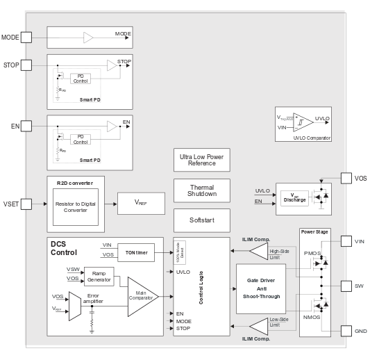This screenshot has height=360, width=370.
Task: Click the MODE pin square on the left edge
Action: [26, 37]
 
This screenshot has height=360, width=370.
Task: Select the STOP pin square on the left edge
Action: [26, 65]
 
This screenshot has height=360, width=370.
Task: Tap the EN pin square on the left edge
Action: [26, 126]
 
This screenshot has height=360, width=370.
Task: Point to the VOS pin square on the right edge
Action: [347, 179]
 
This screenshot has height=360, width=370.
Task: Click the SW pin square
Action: [347, 285]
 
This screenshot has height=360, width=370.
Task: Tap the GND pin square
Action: [347, 331]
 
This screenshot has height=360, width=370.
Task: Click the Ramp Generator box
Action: [99, 277]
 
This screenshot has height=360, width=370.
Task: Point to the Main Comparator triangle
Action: [142, 296]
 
